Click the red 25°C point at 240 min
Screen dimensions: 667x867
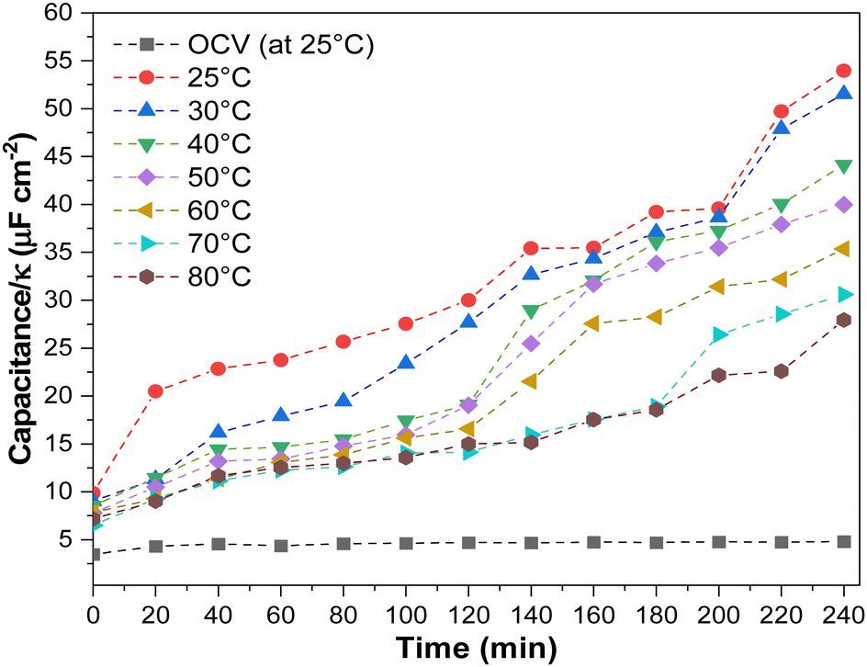843,71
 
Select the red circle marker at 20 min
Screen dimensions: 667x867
155,391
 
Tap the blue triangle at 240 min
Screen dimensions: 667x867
843,94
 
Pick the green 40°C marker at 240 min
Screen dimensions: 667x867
843,166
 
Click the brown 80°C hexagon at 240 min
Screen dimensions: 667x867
843,320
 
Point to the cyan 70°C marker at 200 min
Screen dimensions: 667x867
718,334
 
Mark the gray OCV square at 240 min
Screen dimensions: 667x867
843,541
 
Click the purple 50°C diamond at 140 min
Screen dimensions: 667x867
530,344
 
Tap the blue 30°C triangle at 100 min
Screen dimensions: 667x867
405,363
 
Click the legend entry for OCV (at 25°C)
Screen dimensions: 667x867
280,44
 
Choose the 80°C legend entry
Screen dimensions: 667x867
219,276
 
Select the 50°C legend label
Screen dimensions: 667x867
219,176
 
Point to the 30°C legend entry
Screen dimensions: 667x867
219,110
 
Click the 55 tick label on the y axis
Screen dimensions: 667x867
64,62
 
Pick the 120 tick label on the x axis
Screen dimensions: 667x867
467,613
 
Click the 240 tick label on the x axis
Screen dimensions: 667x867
842,613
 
